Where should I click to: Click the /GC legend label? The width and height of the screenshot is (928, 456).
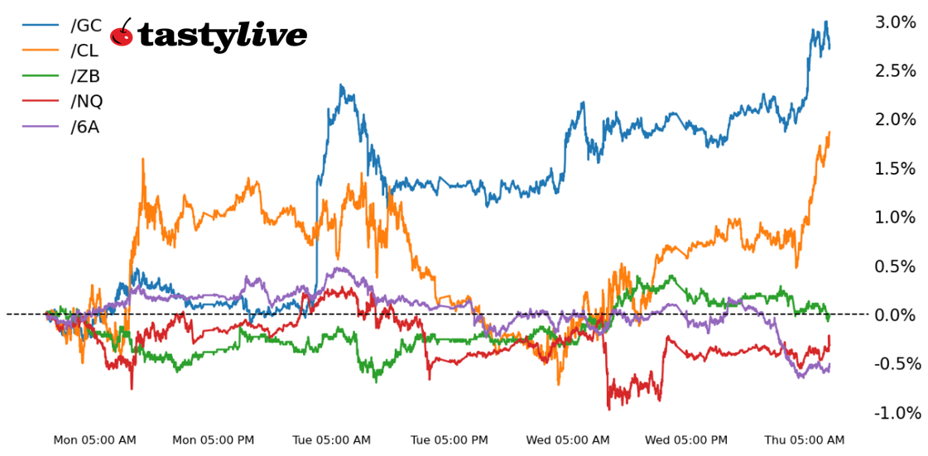pyautogui.click(x=86, y=25)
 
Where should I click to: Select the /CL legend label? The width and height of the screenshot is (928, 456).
pyautogui.click(x=85, y=50)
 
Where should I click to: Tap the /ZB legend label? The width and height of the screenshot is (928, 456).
pyautogui.click(x=85, y=76)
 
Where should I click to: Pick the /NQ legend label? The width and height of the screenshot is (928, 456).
pyautogui.click(x=86, y=102)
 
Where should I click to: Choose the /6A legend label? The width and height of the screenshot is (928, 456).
pyautogui.click(x=84, y=127)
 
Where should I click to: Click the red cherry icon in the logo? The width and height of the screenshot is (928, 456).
pyautogui.click(x=123, y=34)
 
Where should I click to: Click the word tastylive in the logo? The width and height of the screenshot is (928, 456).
pyautogui.click(x=222, y=36)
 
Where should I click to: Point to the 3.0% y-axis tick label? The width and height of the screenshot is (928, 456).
pyautogui.click(x=895, y=22)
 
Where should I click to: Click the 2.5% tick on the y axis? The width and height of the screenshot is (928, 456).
pyautogui.click(x=895, y=71)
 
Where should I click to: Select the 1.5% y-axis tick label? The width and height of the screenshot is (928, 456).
pyautogui.click(x=895, y=169)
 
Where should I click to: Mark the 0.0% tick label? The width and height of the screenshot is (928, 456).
pyautogui.click(x=895, y=315)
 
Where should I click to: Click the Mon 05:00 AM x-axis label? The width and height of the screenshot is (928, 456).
pyautogui.click(x=94, y=440)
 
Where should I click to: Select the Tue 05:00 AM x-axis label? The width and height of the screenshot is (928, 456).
pyautogui.click(x=331, y=440)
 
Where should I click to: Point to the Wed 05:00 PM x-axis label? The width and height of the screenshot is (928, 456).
pyautogui.click(x=686, y=440)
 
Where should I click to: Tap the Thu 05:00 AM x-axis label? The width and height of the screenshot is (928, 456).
pyautogui.click(x=805, y=440)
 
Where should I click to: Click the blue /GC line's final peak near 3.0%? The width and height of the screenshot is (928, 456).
pyautogui.click(x=825, y=23)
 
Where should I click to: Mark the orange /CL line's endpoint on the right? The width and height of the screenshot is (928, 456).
pyautogui.click(x=829, y=132)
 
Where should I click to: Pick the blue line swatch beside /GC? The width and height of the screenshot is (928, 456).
pyautogui.click(x=41, y=25)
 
